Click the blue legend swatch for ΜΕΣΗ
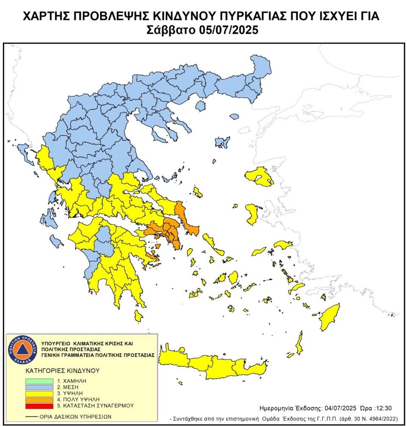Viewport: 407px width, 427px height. coord(41,387)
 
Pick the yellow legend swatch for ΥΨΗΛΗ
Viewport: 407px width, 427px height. coord(41,393)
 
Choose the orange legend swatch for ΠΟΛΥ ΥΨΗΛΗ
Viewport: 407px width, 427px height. coord(41,399)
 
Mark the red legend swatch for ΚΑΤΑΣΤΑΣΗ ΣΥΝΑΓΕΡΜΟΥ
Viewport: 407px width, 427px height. coord(41,405)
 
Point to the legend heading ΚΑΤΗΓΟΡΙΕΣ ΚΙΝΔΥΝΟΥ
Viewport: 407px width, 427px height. coord(62,370)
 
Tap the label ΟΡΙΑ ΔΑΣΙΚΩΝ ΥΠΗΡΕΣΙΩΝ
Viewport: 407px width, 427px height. coord(76,416)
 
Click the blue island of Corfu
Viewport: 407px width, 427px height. coord(23,148)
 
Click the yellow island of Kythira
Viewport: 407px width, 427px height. coord(137,315)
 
